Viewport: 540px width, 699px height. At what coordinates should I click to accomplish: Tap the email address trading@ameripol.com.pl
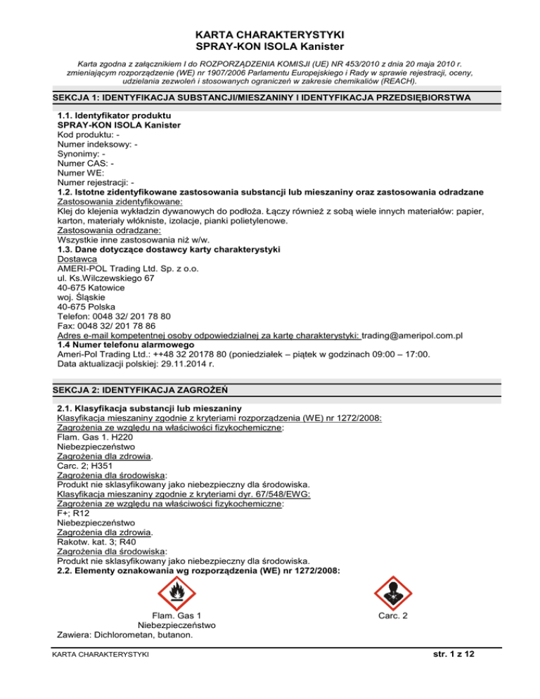pyautogui.click(x=412, y=336)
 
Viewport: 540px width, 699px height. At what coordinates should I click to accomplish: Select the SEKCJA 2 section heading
pyautogui.click(x=143, y=389)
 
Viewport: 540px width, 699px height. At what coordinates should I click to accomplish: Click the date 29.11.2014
pyautogui.click(x=196, y=366)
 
